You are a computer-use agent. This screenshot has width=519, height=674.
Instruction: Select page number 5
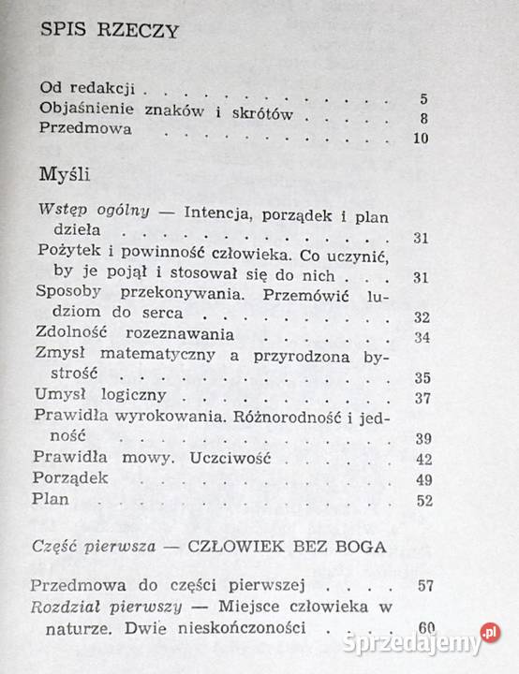[424, 98]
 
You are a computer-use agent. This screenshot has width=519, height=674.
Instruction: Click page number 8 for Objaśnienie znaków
[424, 119]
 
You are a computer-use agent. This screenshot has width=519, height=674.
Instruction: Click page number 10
[420, 139]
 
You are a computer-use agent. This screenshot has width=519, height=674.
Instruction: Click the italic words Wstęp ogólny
[92, 211]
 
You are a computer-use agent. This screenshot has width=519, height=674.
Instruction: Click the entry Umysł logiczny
[99, 394]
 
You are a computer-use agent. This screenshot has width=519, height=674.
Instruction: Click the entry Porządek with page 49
[71, 478]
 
